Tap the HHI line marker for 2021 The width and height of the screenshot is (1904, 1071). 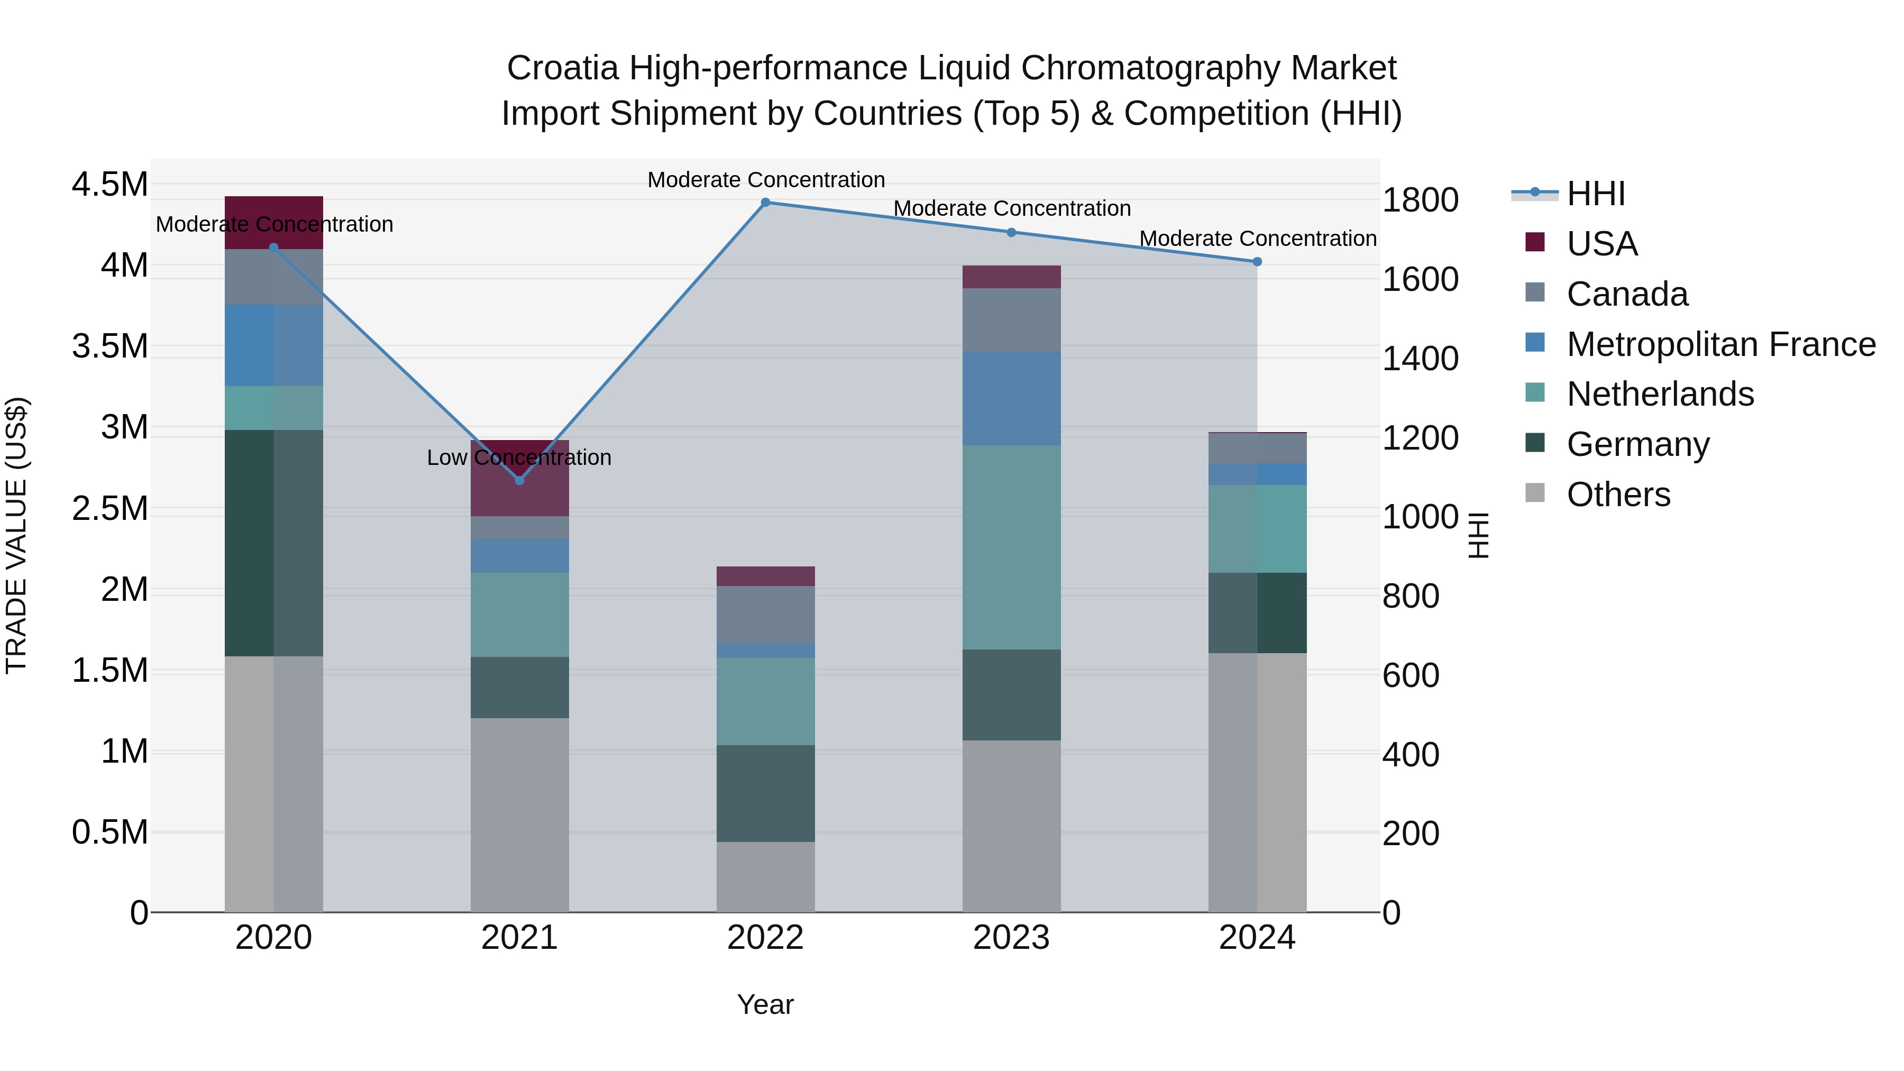coord(519,480)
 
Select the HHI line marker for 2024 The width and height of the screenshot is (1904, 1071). coord(1257,262)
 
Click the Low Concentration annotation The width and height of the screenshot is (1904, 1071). coord(519,457)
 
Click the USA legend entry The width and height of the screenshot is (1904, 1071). coord(1601,244)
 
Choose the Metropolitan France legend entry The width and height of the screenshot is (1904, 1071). coord(1720,344)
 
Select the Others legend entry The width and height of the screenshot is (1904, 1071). coord(1617,495)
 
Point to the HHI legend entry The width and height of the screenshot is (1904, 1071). coord(1595,194)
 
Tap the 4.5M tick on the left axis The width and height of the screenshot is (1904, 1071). coord(109,184)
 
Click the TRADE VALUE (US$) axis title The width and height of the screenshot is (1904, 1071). coord(16,535)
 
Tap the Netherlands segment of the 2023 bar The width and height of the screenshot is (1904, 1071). coord(1011,547)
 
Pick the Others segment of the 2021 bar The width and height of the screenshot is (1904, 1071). coord(519,814)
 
